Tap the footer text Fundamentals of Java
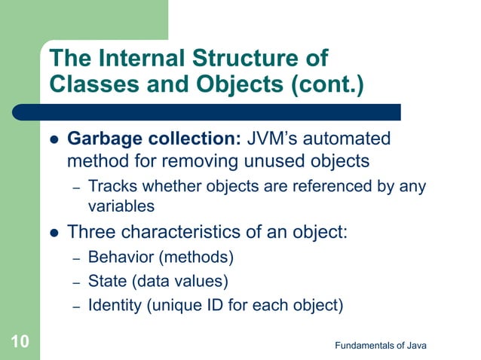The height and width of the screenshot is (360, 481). pyautogui.click(x=381, y=345)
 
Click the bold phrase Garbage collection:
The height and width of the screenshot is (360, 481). pyautogui.click(x=154, y=139)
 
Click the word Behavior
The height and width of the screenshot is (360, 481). pyautogui.click(x=121, y=258)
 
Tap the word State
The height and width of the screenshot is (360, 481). pyautogui.click(x=106, y=282)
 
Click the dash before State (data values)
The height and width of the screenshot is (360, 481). pyautogui.click(x=76, y=282)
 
